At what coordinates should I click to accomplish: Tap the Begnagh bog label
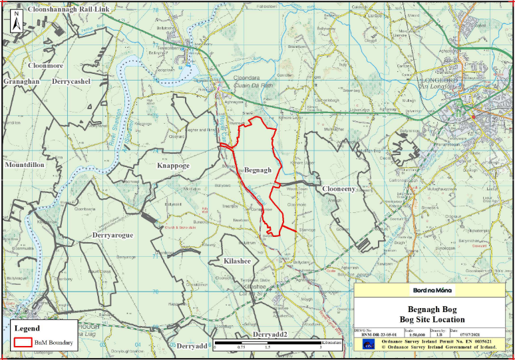point(258,170)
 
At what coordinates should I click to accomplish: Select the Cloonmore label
point(45,66)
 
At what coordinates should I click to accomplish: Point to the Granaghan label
point(22,81)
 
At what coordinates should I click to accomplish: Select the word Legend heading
point(27,328)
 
